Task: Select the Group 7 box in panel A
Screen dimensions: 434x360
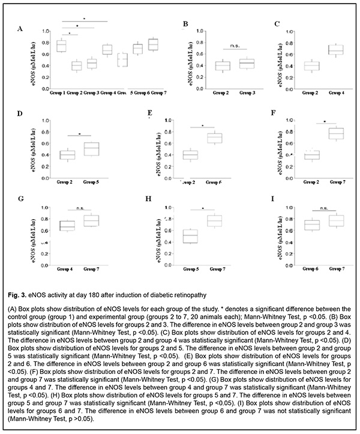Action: coord(153,44)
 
